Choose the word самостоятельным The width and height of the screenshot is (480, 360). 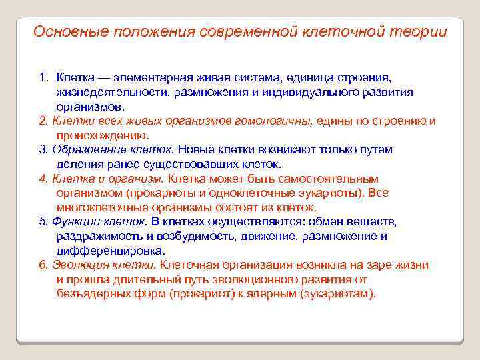coord(329,179)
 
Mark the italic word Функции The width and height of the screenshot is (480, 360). coord(75,221)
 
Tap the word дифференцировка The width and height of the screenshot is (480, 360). coord(110,251)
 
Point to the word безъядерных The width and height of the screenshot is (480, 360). coord(92,293)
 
